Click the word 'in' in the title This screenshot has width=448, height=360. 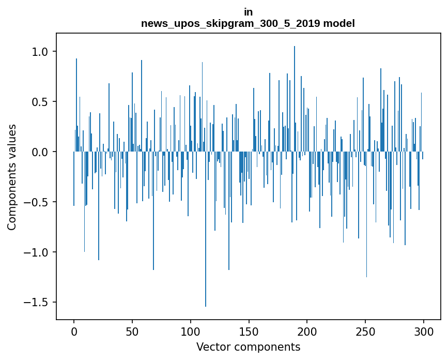pyautogui.click(x=248, y=12)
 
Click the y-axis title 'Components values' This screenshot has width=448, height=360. pyautogui.click(x=12, y=177)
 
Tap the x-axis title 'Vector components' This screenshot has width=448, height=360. pyautogui.click(x=248, y=347)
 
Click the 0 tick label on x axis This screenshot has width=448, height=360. pyautogui.click(x=74, y=331)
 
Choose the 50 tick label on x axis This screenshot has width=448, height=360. pyautogui.click(x=132, y=331)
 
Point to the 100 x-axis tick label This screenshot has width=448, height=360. pyautogui.click(x=191, y=331)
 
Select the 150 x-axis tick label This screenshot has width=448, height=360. pyautogui.click(x=249, y=331)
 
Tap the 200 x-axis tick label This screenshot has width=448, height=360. pyautogui.click(x=307, y=331)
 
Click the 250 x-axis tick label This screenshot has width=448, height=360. pyautogui.click(x=366, y=331)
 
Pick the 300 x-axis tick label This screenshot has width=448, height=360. pyautogui.click(x=424, y=331)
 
